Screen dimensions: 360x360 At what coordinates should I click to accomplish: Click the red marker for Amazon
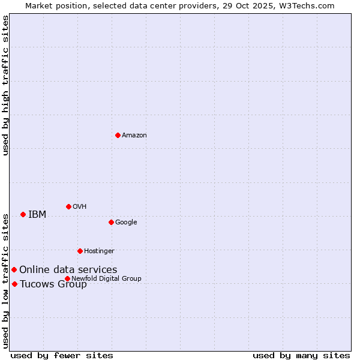tap(118, 135)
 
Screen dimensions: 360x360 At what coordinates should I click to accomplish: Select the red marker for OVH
tap(68, 206)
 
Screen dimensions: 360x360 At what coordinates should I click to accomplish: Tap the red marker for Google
tap(111, 222)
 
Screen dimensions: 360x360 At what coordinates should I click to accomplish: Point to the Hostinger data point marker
tap(80, 251)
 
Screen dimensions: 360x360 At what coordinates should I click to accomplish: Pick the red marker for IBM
tap(23, 214)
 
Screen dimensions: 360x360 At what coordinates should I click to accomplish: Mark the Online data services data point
tap(14, 269)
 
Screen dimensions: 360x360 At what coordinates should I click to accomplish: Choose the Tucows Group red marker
tap(14, 284)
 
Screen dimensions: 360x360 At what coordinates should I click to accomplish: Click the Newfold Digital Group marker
tap(67, 278)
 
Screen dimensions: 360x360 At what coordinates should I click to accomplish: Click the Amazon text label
tap(134, 136)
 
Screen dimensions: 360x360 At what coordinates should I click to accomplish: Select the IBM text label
tap(37, 215)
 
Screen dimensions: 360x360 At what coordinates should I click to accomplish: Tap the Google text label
tap(126, 223)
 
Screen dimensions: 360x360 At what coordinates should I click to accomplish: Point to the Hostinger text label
tap(99, 251)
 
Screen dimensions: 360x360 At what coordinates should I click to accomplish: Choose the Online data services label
tap(68, 270)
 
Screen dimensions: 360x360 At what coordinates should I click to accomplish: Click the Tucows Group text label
tap(53, 284)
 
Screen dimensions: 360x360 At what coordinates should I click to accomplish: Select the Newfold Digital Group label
tap(106, 278)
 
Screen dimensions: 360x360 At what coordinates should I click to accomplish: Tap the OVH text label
tap(80, 207)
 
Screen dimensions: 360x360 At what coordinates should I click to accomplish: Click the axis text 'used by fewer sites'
tap(62, 355)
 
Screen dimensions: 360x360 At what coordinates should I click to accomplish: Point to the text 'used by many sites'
tap(301, 355)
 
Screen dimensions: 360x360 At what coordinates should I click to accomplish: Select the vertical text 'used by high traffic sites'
tap(5, 85)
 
